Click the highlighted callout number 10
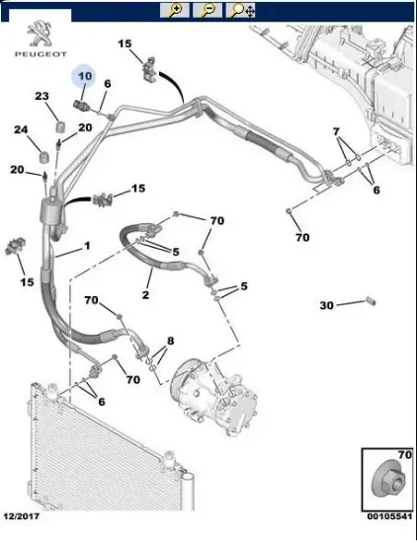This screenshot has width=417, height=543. (x=85, y=75)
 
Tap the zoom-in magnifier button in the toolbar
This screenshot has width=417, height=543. (x=174, y=10)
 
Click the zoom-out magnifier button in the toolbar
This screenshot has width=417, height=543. (x=208, y=10)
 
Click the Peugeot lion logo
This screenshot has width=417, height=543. (x=41, y=34)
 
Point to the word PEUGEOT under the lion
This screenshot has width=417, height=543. (x=41, y=54)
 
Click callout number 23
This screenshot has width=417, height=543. (x=42, y=96)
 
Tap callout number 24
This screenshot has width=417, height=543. (x=21, y=130)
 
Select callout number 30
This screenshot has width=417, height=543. (x=326, y=305)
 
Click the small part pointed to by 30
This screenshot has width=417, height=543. (x=371, y=300)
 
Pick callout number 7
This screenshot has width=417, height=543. (x=336, y=132)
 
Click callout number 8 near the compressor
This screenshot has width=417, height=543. (x=170, y=341)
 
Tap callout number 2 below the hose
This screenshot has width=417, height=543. (x=145, y=295)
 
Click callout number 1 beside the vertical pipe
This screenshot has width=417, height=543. (x=87, y=246)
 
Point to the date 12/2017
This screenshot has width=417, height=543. (x=22, y=516)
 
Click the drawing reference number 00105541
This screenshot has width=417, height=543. (x=389, y=516)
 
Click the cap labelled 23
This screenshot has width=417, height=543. (x=61, y=126)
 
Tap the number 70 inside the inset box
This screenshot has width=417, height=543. (x=404, y=455)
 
